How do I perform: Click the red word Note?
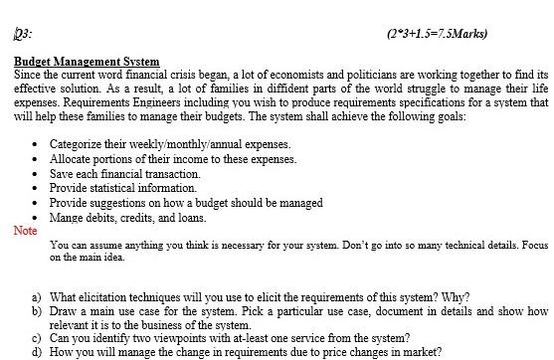pos(25,231)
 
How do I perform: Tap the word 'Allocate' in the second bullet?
pos(72,159)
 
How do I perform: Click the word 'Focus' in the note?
pos(534,245)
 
